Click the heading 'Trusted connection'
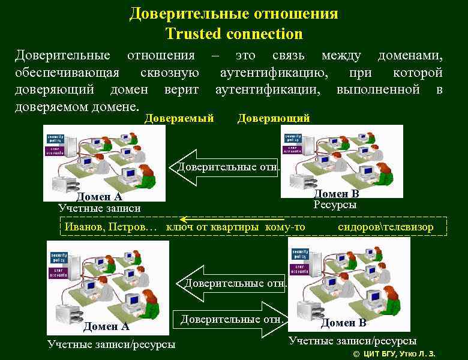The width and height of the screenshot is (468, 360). click(234, 34)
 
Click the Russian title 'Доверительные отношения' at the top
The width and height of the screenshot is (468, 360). click(234, 13)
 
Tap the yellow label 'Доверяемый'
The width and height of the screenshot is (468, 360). click(179, 118)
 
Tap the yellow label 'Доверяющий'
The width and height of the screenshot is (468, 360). click(274, 118)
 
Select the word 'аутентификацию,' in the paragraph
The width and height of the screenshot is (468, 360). click(274, 73)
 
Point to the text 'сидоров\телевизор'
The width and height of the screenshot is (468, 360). click(385, 227)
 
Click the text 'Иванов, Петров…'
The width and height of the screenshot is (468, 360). click(111, 227)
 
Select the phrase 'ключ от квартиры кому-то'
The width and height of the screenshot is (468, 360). click(235, 227)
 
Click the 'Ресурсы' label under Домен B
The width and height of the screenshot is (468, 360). click(335, 205)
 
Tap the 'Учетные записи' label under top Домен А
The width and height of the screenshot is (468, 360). click(100, 208)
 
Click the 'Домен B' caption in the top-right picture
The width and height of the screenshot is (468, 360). click(337, 193)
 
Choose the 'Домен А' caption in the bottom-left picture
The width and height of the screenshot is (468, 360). click(106, 326)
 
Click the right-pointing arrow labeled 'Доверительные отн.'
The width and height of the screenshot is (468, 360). click(231, 319)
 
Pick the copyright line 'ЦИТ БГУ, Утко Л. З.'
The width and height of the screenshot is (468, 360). click(399, 354)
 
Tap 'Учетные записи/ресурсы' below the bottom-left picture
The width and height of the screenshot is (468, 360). click(112, 344)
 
